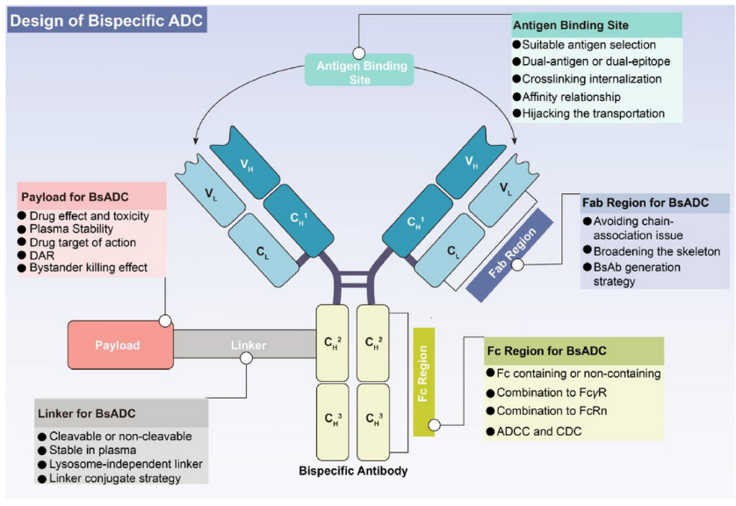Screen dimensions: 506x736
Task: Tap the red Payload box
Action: [118, 345]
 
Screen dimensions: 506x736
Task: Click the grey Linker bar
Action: [246, 345]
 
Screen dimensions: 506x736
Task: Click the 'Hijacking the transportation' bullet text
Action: [594, 113]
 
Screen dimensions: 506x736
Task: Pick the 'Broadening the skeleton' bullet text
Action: [657, 250]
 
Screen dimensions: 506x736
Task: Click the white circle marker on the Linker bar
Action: [247, 358]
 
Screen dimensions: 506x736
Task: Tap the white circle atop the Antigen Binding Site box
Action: [358, 53]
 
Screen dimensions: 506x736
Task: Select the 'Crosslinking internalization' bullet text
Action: [592, 79]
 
